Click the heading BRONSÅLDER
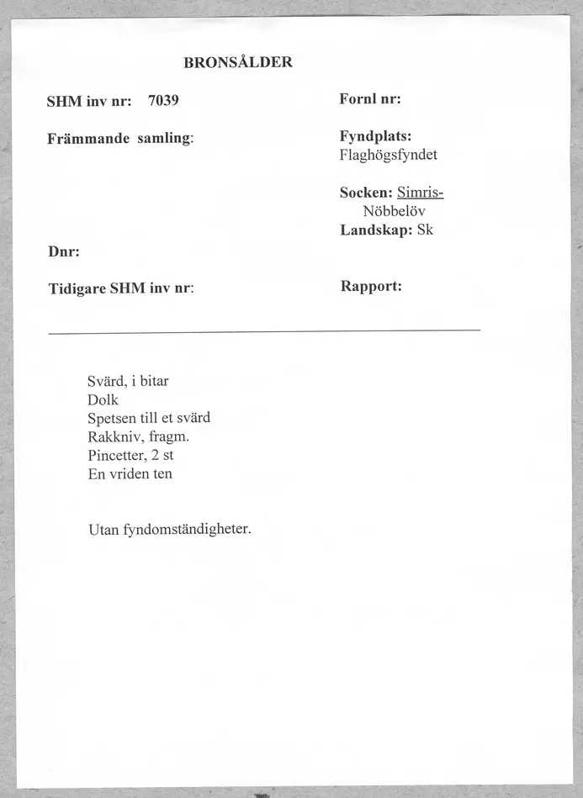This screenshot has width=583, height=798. (x=237, y=62)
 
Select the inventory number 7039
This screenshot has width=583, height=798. (x=163, y=101)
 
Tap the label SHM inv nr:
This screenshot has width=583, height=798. (x=89, y=102)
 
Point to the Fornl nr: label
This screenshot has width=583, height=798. (x=369, y=98)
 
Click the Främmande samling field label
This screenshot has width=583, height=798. (x=120, y=138)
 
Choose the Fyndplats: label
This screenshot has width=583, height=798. (x=375, y=136)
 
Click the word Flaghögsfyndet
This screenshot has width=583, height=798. (x=389, y=155)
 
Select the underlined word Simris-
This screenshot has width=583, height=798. (x=420, y=192)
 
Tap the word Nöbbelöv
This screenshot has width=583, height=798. (x=395, y=210)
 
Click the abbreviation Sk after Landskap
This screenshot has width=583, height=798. (x=425, y=229)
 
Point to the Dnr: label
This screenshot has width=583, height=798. (x=63, y=251)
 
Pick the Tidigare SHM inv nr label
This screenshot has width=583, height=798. (x=121, y=288)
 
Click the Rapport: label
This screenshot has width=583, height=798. (x=371, y=286)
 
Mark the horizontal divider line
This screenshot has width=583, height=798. (x=264, y=331)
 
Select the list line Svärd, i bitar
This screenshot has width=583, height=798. (x=128, y=381)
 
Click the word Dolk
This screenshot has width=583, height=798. (x=103, y=399)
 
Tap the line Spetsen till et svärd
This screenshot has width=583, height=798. (x=149, y=418)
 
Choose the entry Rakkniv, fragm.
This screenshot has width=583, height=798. (x=138, y=436)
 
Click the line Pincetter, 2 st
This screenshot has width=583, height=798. (x=130, y=455)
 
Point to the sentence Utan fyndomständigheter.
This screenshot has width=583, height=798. (x=170, y=530)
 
